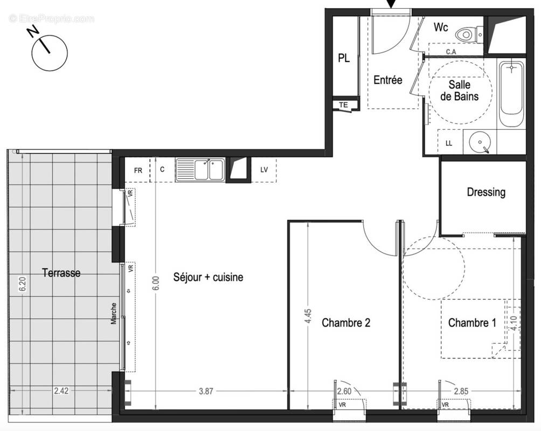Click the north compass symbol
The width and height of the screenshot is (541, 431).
(x=49, y=52)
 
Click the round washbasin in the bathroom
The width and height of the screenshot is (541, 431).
(x=480, y=143)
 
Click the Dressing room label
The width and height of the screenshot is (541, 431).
(x=486, y=192)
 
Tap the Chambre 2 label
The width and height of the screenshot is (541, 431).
(x=345, y=323)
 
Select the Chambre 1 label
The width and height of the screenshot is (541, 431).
(x=472, y=323)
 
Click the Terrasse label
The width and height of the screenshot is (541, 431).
(x=61, y=273)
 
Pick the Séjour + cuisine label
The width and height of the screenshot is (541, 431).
(x=208, y=277)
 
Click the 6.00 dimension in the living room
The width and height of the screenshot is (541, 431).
(x=156, y=284)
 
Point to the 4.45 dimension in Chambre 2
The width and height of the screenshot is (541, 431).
(x=308, y=315)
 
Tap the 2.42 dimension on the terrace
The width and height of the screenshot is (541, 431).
(x=62, y=392)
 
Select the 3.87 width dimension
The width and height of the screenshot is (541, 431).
(x=205, y=392)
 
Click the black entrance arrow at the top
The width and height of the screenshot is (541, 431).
(x=392, y=4)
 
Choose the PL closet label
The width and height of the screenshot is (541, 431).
(x=344, y=59)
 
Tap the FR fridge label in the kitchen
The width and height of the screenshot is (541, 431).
(x=138, y=171)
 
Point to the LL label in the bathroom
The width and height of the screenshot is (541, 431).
(x=449, y=143)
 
